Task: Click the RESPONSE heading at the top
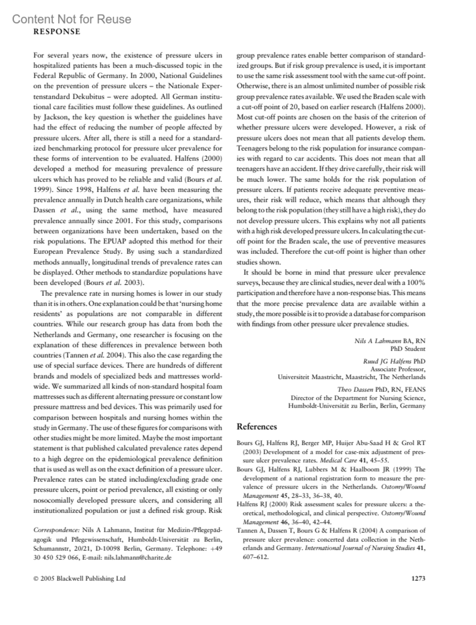[x=57, y=32]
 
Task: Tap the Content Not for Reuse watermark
[x=71, y=19]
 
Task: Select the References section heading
[x=257, y=426]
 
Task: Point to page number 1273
[x=418, y=578]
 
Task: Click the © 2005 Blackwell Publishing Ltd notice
[x=79, y=578]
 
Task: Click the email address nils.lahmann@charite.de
[x=138, y=558]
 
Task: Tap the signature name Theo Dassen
[x=355, y=390]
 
